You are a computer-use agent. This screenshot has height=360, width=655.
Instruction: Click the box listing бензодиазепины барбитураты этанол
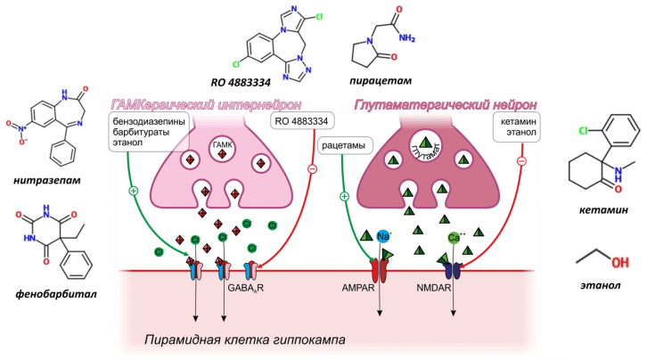point(141,135)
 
